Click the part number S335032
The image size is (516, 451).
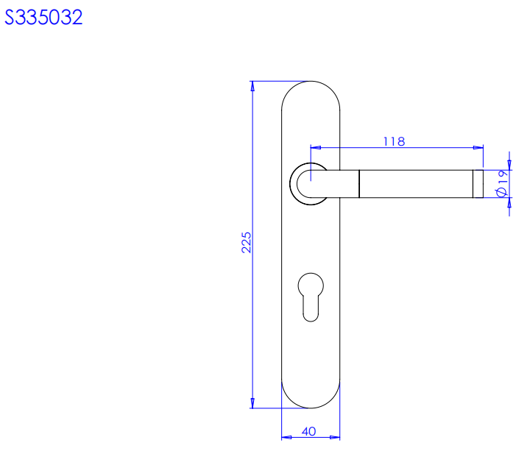pos(43,17)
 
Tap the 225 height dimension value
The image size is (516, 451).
pos(246,243)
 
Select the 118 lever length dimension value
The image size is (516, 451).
pos(394,141)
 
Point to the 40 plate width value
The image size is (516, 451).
pos(308,431)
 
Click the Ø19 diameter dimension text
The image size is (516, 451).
pos(503,183)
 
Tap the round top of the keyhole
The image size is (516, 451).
pos(311,285)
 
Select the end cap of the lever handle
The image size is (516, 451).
pos(478,184)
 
